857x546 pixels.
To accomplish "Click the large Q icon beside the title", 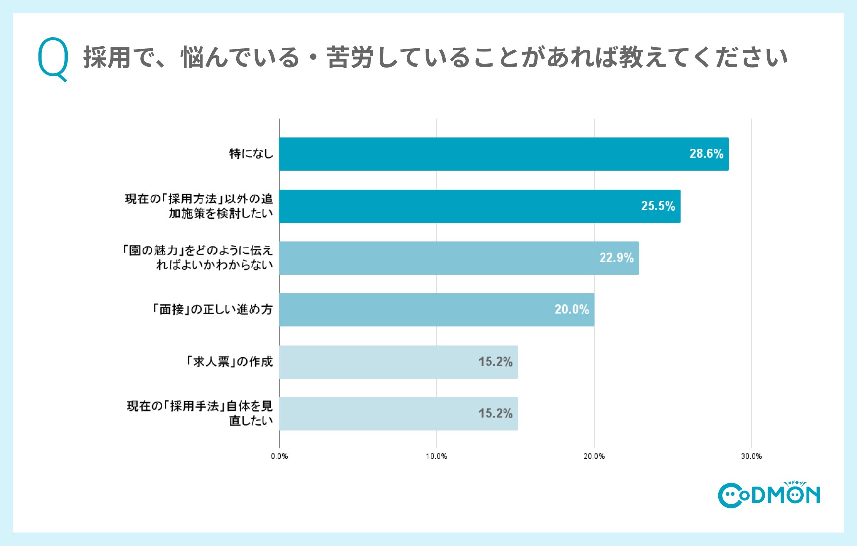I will pyautogui.click(x=53, y=59).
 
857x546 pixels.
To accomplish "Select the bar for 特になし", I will pyautogui.click(x=504, y=154).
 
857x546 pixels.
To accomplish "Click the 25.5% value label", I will pyautogui.click(x=657, y=206).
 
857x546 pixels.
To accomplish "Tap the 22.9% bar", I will pyautogui.click(x=458, y=258).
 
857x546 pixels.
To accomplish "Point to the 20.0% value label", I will pyautogui.click(x=571, y=309).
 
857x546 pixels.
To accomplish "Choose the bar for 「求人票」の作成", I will pyautogui.click(x=398, y=362).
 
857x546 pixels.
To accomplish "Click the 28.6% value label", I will pyautogui.click(x=706, y=154).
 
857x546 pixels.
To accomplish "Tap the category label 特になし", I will pyautogui.click(x=251, y=154).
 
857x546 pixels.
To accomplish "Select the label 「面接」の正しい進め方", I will pyautogui.click(x=212, y=310).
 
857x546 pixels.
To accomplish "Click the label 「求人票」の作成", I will pyautogui.click(x=229, y=362).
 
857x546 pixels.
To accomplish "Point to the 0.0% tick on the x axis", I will pyautogui.click(x=279, y=456).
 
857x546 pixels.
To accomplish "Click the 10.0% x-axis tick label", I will pyautogui.click(x=436, y=456).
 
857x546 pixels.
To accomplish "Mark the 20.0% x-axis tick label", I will pyautogui.click(x=594, y=456).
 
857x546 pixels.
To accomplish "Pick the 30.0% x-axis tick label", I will pyautogui.click(x=751, y=456).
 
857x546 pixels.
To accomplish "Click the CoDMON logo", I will pyautogui.click(x=769, y=495).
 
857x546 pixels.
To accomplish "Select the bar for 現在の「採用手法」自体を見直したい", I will pyautogui.click(x=398, y=413).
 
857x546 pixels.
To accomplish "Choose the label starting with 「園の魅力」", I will pyautogui.click(x=198, y=257).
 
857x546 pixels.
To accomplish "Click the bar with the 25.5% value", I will pyautogui.click(x=479, y=206).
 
